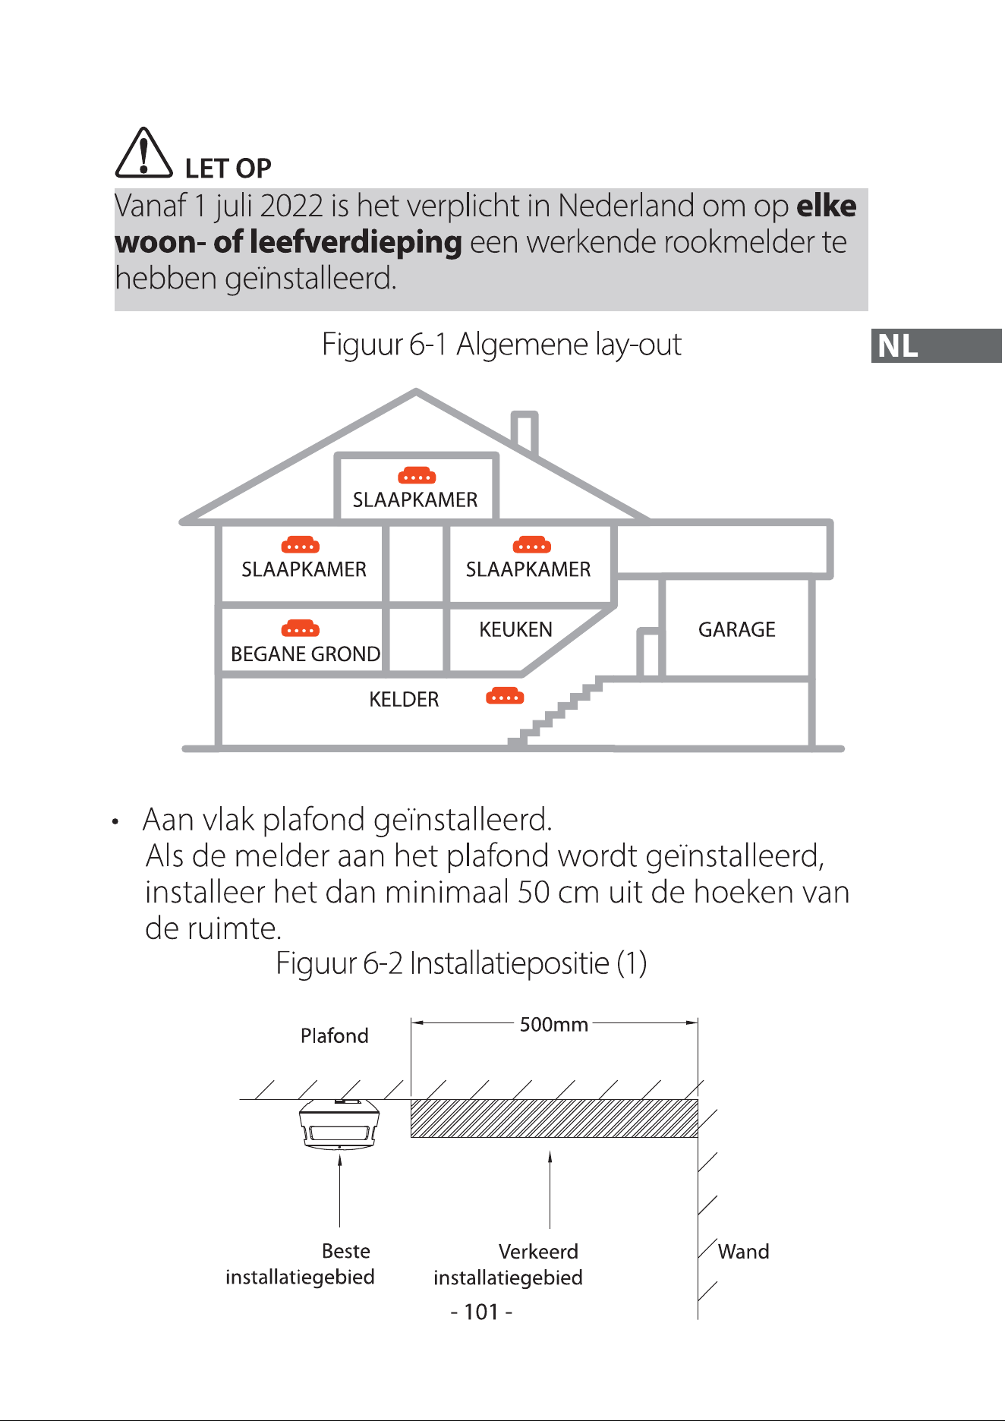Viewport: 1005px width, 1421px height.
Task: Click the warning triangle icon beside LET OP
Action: [143, 153]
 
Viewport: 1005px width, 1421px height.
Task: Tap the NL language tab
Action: [936, 345]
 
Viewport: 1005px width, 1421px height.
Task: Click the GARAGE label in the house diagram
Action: [736, 629]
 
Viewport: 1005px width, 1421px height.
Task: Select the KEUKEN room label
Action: [515, 629]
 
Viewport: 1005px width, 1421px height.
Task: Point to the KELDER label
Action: [404, 699]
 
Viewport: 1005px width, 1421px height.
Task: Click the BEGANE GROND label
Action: [305, 654]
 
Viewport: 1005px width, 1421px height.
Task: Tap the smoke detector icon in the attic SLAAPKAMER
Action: [417, 476]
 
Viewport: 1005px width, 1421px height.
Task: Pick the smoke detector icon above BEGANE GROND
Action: [301, 628]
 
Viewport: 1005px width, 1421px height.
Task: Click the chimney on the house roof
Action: [525, 433]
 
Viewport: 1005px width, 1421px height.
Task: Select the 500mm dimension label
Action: [554, 1025]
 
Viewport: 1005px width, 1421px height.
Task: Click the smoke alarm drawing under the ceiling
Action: [339, 1124]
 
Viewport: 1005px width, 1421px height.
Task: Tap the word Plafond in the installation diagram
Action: [334, 1035]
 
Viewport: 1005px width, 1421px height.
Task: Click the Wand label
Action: [743, 1251]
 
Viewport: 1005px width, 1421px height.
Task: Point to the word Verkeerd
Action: [538, 1251]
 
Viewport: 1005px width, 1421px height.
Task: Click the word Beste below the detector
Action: [346, 1250]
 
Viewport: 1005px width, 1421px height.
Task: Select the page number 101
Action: [481, 1312]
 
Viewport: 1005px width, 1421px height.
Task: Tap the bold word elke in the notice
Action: [826, 206]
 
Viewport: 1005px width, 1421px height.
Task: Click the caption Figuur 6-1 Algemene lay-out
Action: [502, 344]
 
